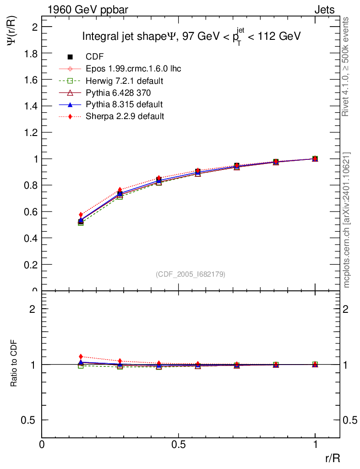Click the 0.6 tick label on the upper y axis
(31, 212)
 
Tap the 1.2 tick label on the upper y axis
(31, 132)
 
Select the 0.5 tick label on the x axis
(179, 444)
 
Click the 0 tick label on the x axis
(42, 444)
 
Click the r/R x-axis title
(333, 458)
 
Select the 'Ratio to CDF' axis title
(14, 363)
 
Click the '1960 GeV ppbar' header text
(88, 10)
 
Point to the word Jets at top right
(324, 10)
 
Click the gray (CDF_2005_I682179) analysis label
(191, 274)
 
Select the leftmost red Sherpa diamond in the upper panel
(81, 215)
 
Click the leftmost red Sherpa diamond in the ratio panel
(81, 356)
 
